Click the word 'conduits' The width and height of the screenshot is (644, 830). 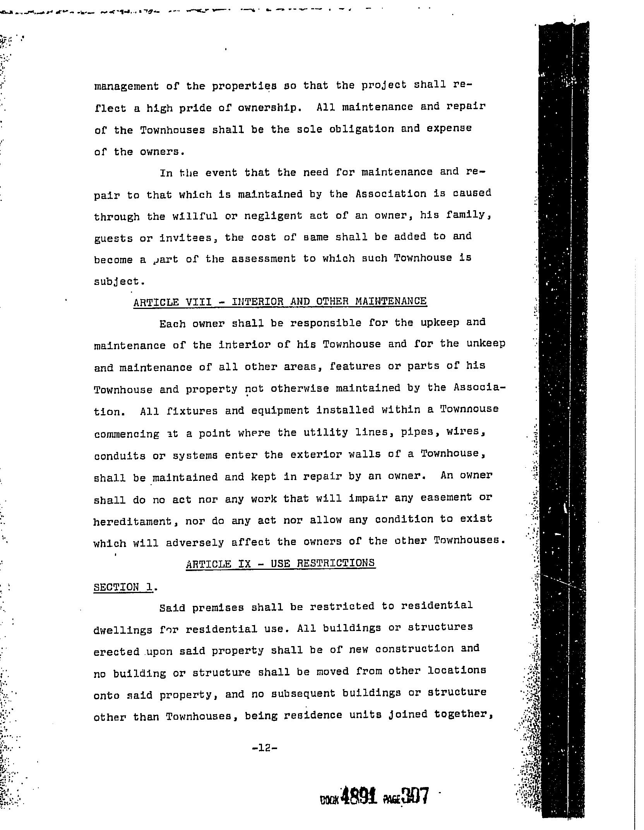(120, 456)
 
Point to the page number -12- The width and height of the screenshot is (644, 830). (265, 748)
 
